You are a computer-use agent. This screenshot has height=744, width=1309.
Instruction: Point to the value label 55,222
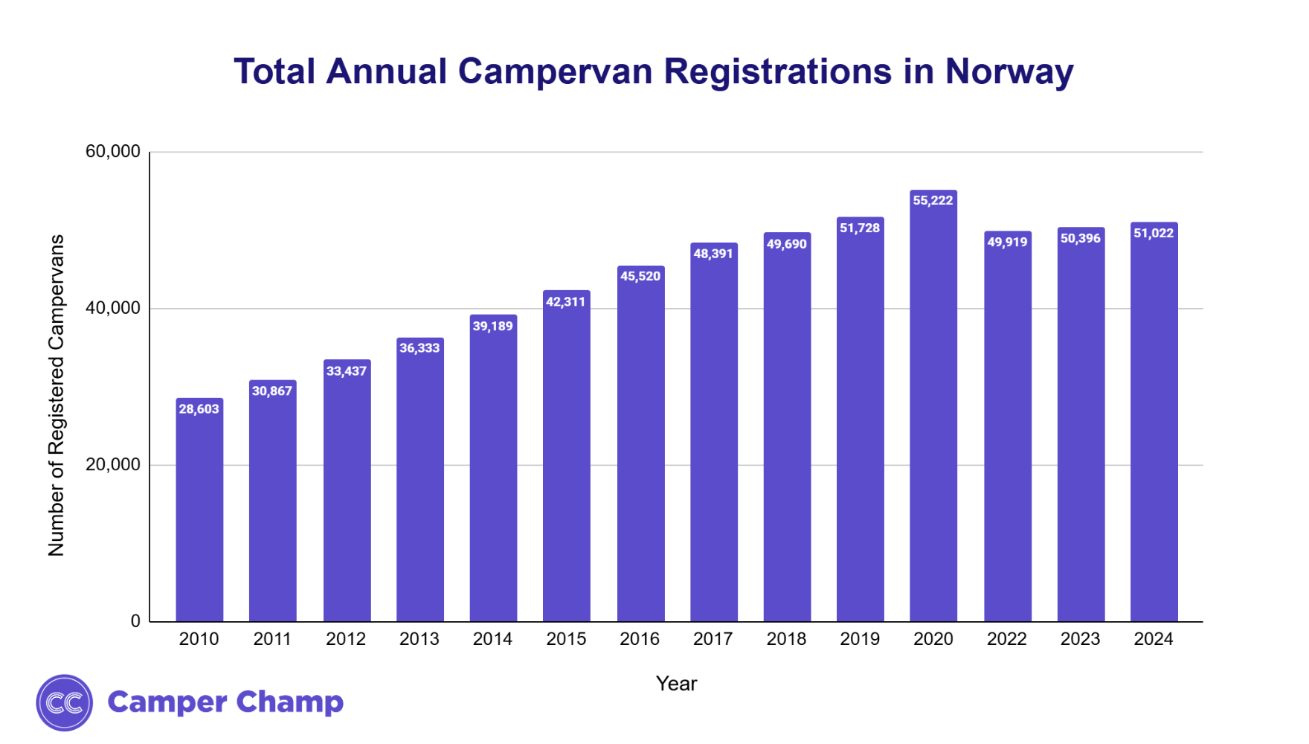pyautogui.click(x=933, y=200)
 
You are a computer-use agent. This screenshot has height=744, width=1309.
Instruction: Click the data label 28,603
pyautogui.click(x=199, y=409)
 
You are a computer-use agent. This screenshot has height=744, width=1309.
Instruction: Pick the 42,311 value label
pyautogui.click(x=566, y=302)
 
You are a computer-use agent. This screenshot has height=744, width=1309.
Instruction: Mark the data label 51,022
pyautogui.click(x=1154, y=234)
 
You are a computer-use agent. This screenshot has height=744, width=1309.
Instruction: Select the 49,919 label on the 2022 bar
pyautogui.click(x=1007, y=243)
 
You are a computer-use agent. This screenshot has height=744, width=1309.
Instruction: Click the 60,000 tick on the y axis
pyautogui.click(x=113, y=152)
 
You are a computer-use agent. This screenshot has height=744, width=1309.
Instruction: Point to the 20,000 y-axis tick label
pyautogui.click(x=113, y=465)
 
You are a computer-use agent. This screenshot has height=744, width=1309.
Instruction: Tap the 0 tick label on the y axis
pyautogui.click(x=135, y=621)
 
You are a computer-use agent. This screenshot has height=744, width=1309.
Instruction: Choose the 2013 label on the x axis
pyautogui.click(x=419, y=639)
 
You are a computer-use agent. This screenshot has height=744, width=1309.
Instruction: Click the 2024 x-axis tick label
pyautogui.click(x=1154, y=639)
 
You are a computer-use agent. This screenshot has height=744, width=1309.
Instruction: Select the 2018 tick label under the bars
pyautogui.click(x=786, y=639)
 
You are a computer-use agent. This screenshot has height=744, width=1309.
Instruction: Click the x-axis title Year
pyautogui.click(x=676, y=684)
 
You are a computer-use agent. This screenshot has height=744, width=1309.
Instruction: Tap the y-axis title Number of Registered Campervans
pyautogui.click(x=57, y=395)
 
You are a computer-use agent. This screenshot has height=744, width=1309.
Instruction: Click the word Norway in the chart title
pyautogui.click(x=1009, y=72)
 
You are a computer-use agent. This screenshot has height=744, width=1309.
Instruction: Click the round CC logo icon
pyautogui.click(x=65, y=703)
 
